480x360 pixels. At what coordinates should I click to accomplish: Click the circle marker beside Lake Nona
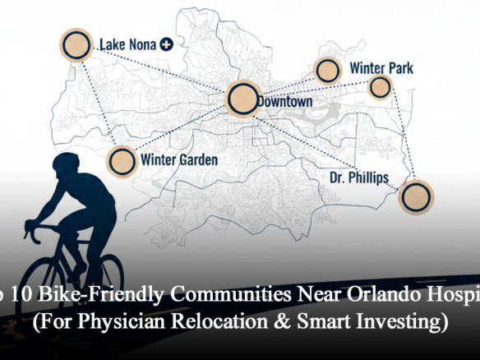[x=76, y=45]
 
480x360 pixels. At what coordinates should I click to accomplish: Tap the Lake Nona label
[x=127, y=44]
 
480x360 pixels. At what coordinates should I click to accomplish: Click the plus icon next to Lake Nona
[x=166, y=44]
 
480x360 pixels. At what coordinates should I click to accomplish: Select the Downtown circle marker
[x=242, y=99]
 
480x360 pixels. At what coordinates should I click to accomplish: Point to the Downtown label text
[x=284, y=101]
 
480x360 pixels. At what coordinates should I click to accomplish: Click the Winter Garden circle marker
[x=122, y=160]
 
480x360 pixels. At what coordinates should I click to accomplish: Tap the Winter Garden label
[x=178, y=159]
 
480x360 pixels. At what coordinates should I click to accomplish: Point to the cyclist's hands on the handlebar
[x=33, y=226]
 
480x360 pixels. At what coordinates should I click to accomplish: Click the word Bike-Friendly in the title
[x=101, y=293]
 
